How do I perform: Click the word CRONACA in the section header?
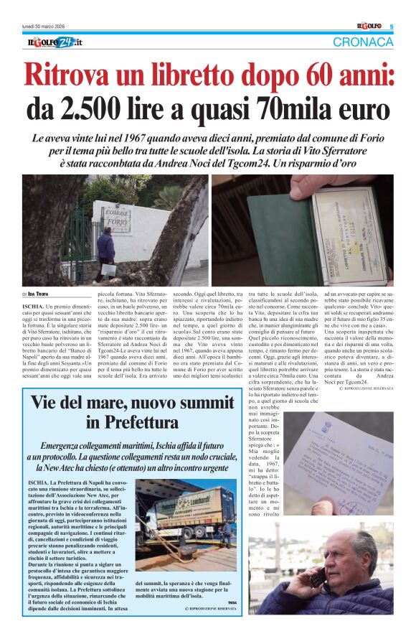pyautogui.click(x=363, y=42)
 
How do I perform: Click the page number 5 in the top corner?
pyautogui.click(x=392, y=27)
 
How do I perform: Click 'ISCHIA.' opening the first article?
pyautogui.click(x=33, y=305)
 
